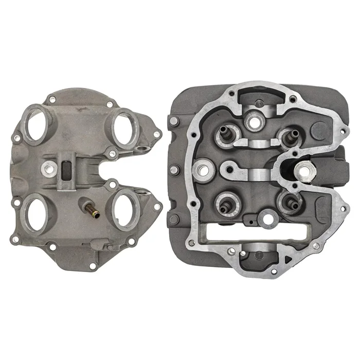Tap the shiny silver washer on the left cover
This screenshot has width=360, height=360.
[x=49, y=166]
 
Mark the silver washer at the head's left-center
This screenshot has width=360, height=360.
[x=202, y=167]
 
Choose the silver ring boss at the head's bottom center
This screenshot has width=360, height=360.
[x=267, y=219]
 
